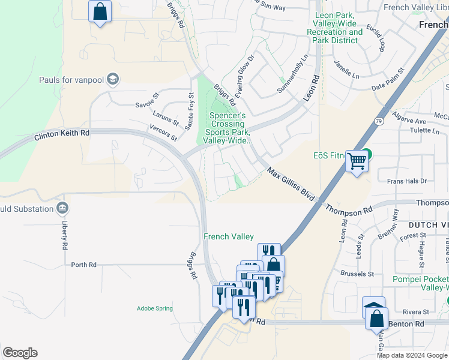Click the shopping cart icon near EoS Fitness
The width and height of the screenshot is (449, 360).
357,161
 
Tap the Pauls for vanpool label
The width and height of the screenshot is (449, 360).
71,80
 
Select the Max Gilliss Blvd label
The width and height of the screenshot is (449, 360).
291,185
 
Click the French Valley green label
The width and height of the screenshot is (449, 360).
228,237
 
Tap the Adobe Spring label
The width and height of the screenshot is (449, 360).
154,308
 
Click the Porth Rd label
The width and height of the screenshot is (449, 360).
83,265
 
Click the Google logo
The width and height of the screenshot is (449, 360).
20,353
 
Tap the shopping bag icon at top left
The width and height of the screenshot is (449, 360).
100,11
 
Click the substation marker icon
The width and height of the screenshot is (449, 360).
62,208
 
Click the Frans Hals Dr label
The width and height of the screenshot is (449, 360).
406,181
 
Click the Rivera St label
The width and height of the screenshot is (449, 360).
416,312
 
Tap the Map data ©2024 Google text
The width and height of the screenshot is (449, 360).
412,355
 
